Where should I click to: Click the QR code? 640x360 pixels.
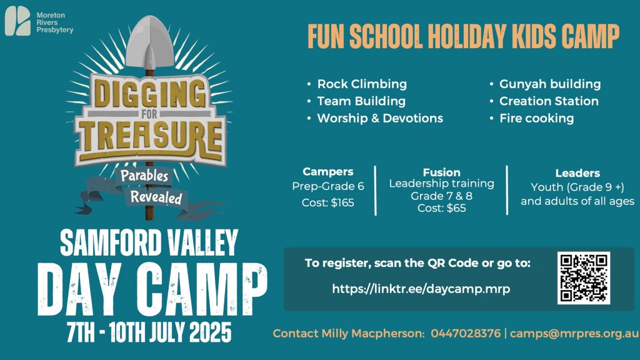(584, 278)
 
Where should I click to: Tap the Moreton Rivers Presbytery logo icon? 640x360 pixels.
(17, 21)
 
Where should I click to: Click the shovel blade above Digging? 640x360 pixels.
(150, 42)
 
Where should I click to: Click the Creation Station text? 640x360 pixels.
(549, 101)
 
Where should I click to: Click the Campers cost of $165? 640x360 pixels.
(327, 203)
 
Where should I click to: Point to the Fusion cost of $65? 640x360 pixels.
(441, 208)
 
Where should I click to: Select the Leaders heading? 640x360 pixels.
(577, 173)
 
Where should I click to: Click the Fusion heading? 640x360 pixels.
(441, 172)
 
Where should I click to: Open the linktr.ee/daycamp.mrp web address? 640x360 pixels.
(421, 289)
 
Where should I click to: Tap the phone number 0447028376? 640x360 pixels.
(465, 334)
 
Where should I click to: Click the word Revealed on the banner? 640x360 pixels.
(156, 197)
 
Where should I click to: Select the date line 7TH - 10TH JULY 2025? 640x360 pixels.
(149, 332)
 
